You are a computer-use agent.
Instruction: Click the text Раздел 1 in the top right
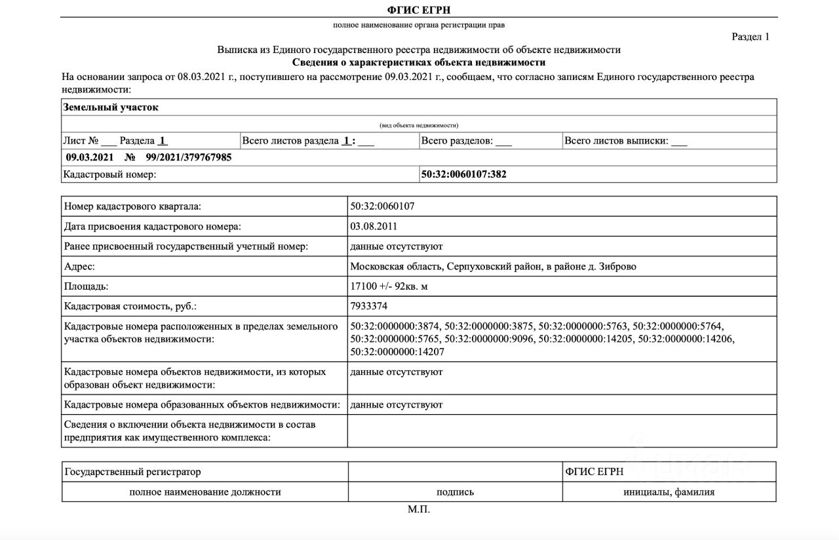[751, 37]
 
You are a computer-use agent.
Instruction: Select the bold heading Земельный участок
[111, 107]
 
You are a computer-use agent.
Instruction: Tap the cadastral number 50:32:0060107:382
[463, 174]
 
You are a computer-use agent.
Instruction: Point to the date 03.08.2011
[374, 227]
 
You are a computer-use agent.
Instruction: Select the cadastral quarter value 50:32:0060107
[382, 206]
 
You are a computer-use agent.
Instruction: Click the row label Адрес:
[79, 267]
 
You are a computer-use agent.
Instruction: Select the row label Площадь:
[87, 286]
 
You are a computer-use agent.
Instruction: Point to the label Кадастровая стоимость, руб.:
[130, 306]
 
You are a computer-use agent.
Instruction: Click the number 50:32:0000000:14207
[397, 352]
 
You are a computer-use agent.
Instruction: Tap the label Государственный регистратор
[133, 472]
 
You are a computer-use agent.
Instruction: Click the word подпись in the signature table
[455, 492]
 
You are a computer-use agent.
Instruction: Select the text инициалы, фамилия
[669, 492]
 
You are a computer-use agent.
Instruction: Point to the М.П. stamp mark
[419, 509]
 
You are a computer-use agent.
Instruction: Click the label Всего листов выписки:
[616, 141]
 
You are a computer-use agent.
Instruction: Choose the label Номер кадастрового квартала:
[132, 206]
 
